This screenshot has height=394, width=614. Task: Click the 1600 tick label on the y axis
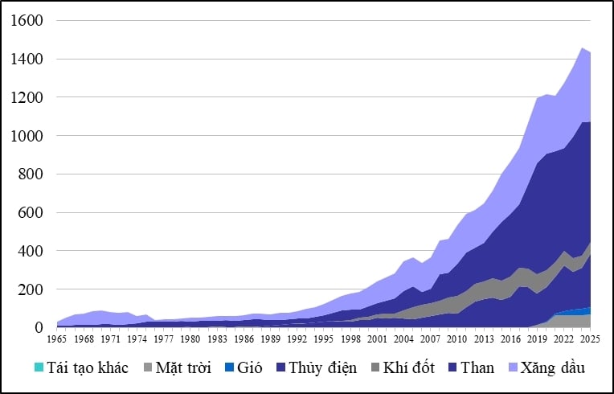pos(28,21)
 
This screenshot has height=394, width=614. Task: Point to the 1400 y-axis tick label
pos(28,60)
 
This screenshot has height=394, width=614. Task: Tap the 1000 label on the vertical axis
pos(28,136)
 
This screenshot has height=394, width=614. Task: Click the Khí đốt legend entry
pos(408,368)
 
